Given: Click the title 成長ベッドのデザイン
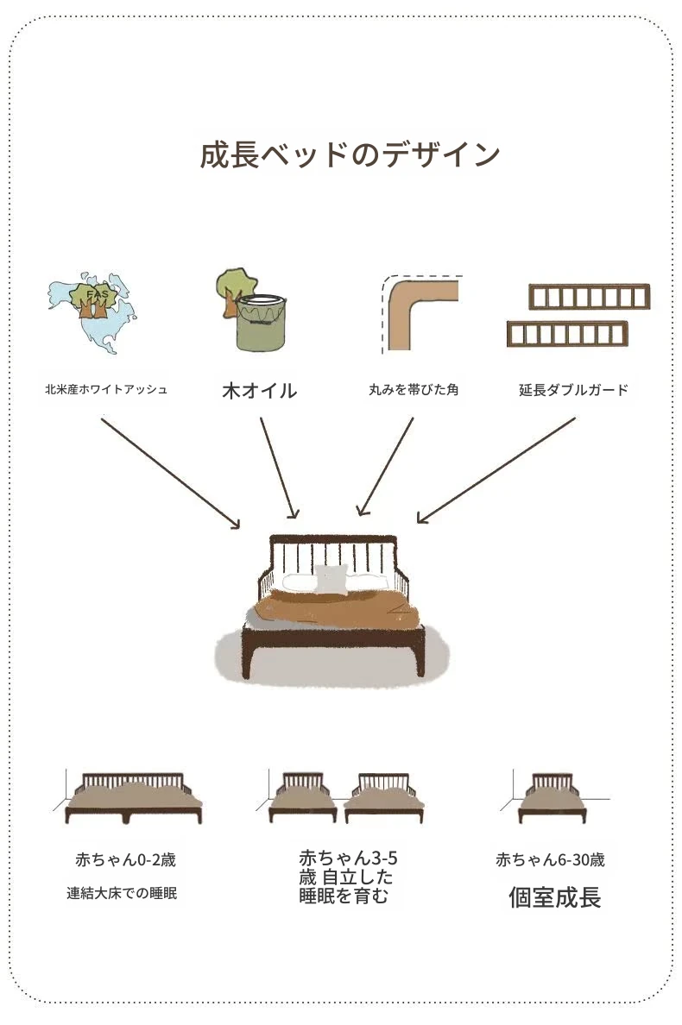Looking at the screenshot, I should (350, 155).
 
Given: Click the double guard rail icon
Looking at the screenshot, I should (577, 315).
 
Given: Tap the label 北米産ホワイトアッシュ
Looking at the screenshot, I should (106, 389).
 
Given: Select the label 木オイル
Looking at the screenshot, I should (259, 391).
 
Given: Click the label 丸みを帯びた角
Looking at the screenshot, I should (413, 390).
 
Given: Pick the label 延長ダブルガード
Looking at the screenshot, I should (573, 390).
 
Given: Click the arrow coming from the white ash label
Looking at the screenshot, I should (170, 471).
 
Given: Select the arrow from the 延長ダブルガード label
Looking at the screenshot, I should (496, 470).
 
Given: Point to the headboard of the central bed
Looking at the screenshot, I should (333, 552).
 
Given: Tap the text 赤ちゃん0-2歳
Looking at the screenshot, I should (126, 860).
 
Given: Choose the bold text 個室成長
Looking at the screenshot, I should (554, 897).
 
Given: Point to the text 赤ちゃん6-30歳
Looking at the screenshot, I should (550, 860).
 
